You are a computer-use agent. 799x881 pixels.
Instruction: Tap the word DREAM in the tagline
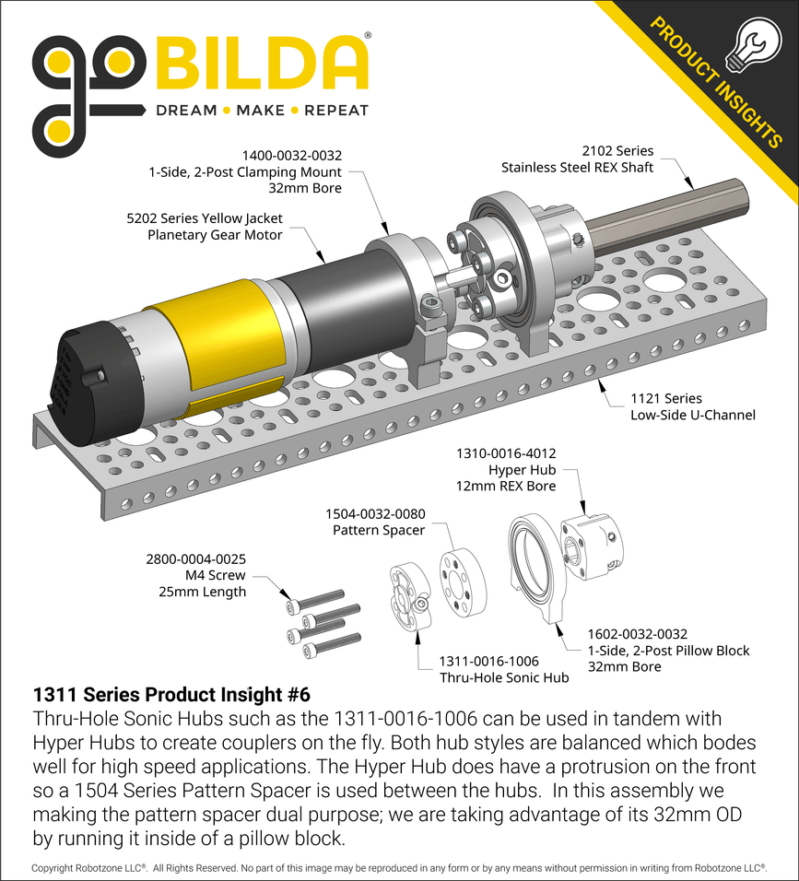(x=184, y=111)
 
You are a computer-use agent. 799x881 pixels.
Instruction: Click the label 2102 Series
(x=617, y=150)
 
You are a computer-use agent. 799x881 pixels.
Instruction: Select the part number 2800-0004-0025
(x=196, y=558)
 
